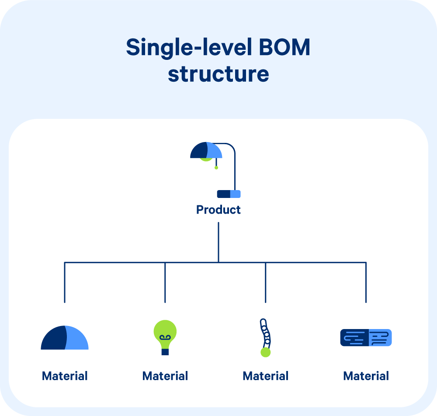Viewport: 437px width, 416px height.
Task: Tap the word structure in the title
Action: (218, 74)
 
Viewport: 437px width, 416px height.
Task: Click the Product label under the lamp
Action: (218, 210)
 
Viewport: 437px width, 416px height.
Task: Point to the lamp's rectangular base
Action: (229, 194)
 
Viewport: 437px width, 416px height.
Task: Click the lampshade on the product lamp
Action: (206, 150)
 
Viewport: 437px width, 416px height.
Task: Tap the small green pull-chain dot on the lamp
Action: (216, 167)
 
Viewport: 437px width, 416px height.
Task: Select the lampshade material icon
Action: (65, 338)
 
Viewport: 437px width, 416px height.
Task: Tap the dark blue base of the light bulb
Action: (165, 351)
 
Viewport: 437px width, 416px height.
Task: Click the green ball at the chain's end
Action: (265, 352)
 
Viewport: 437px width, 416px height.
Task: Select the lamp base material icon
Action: (366, 338)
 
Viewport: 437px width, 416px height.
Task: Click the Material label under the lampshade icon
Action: (65, 376)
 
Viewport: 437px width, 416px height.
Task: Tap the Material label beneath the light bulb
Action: (165, 376)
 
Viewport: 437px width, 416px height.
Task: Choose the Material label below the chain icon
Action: (265, 376)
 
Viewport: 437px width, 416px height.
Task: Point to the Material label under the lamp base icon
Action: (366, 376)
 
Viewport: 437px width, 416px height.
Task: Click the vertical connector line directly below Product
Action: (218, 243)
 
